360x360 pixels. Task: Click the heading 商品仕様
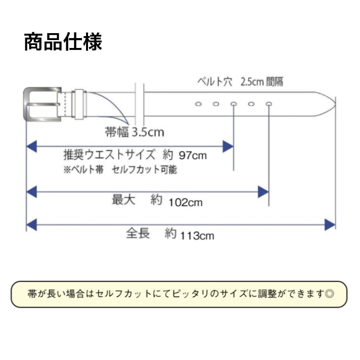pyautogui.click(x=63, y=43)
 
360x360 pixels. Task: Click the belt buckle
pyautogui.click(x=42, y=103)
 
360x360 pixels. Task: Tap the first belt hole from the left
pyautogui.click(x=198, y=104)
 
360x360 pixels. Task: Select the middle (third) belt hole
pyautogui.click(x=233, y=104)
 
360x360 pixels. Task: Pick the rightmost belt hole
pyautogui.click(x=269, y=104)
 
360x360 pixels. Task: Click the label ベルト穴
pyautogui.click(x=215, y=82)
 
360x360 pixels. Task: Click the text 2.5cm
pyautogui.click(x=252, y=82)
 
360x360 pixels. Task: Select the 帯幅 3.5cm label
pyautogui.click(x=135, y=132)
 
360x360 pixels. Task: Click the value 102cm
pyautogui.click(x=185, y=202)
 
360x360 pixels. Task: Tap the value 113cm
pyautogui.click(x=197, y=235)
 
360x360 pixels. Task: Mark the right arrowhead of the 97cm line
pyautogui.click(x=228, y=146)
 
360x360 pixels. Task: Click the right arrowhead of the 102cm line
pyautogui.click(x=264, y=191)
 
